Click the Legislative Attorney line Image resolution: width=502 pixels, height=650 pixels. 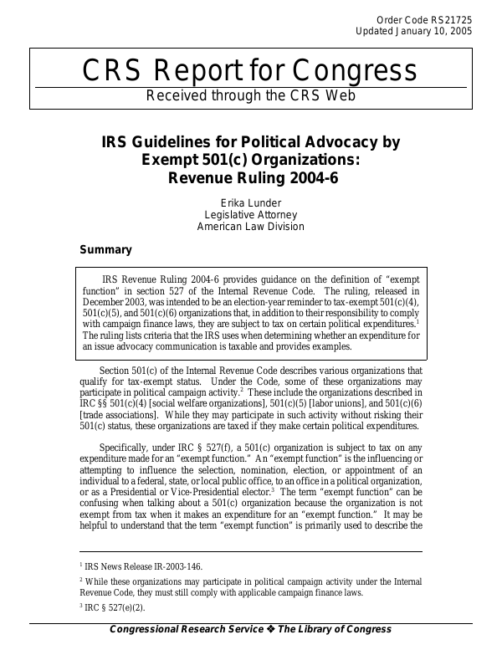click(x=251, y=214)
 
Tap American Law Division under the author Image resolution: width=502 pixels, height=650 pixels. click(x=251, y=227)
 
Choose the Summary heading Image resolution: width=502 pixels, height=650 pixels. click(x=105, y=249)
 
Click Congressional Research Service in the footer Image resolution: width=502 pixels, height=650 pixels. click(x=182, y=630)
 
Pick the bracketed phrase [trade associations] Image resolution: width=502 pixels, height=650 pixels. click(x=123, y=415)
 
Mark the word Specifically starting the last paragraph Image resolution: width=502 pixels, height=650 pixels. click(x=126, y=448)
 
